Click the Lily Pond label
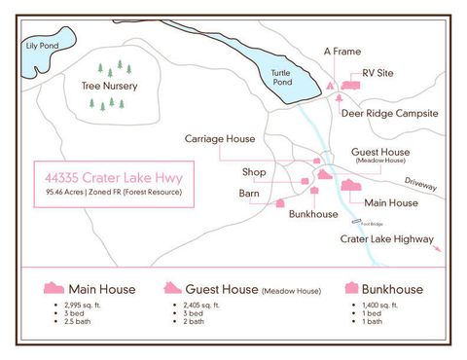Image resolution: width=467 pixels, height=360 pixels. [42, 46]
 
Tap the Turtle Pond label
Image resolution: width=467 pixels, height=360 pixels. [282, 79]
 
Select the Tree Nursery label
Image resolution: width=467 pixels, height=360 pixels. [108, 86]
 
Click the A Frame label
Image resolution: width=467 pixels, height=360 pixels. [341, 51]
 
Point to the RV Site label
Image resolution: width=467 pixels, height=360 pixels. [379, 73]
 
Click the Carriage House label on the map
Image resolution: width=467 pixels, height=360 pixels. [220, 139]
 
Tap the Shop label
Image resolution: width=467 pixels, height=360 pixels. [254, 172]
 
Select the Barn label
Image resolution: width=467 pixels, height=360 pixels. [249, 194]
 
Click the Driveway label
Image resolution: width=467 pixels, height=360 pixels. [420, 183]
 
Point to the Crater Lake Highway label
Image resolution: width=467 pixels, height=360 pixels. [387, 236]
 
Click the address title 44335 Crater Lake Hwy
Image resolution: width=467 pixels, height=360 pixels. [113, 178]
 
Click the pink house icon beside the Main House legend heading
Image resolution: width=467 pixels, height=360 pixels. [54, 288]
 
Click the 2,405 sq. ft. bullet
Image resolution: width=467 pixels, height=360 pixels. [204, 305]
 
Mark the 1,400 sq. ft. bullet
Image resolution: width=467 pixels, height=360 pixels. [379, 305]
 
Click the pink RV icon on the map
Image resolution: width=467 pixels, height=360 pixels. [349, 86]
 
